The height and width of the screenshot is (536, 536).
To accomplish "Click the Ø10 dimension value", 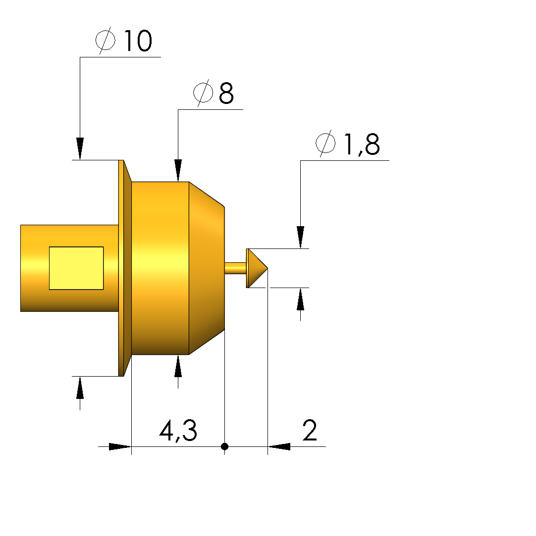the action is (x=123, y=41).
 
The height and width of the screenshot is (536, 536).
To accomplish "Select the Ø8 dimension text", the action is (x=214, y=93).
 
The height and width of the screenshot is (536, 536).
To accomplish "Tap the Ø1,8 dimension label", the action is (x=348, y=144).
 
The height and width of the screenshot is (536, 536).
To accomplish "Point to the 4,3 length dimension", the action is (x=178, y=431).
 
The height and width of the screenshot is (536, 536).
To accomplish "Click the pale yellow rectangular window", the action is (x=76, y=268).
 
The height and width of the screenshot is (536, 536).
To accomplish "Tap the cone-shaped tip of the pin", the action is (x=257, y=268).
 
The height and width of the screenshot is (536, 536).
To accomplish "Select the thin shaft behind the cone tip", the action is (x=235, y=268).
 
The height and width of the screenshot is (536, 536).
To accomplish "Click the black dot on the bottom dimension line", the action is (x=225, y=446).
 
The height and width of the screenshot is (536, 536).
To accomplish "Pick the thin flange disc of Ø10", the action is (x=125, y=268).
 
